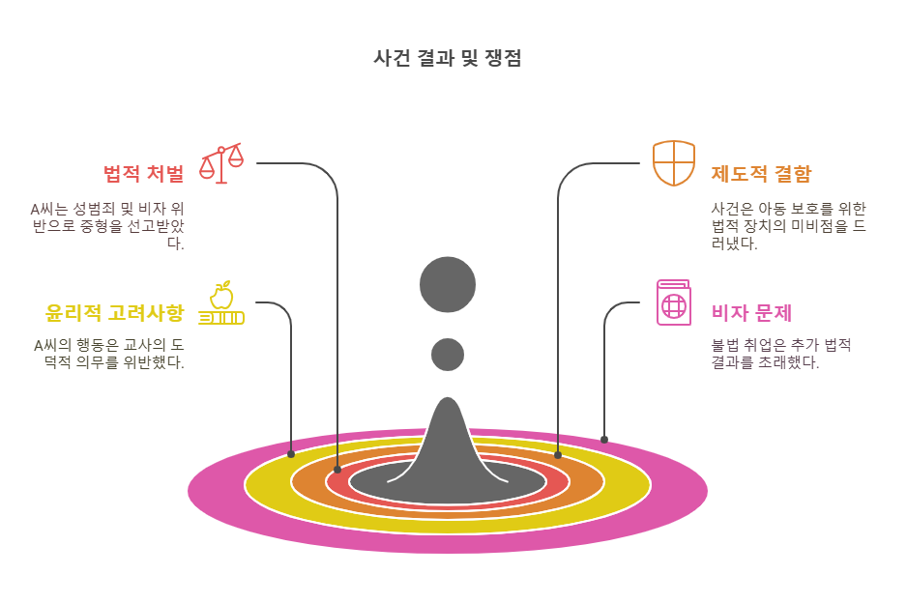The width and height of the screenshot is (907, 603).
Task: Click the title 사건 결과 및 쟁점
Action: (x=448, y=58)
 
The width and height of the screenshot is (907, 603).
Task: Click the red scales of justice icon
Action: (x=220, y=163)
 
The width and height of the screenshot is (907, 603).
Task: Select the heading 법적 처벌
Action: (x=143, y=174)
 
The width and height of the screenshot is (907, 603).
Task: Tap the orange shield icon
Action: (x=674, y=162)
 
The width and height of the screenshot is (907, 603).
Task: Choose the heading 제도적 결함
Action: (x=761, y=174)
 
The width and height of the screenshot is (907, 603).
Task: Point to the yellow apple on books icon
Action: (x=221, y=303)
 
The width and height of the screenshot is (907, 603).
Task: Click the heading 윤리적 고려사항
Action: (x=114, y=313)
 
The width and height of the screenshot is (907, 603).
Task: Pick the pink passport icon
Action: (x=674, y=302)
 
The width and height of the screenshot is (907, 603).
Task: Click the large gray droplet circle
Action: (x=448, y=285)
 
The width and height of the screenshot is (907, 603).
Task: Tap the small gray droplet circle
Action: (x=448, y=355)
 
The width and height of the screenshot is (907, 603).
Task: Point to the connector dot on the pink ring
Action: (x=604, y=440)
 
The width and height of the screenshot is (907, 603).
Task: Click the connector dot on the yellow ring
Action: (x=291, y=453)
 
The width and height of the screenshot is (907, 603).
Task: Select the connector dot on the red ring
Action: (x=337, y=470)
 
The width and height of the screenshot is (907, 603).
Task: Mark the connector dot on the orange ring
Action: (x=558, y=454)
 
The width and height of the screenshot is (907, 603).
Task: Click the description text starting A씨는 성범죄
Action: (x=108, y=226)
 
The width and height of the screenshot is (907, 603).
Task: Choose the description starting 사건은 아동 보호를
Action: (x=788, y=226)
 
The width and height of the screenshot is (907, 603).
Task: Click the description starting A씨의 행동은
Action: (x=109, y=354)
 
